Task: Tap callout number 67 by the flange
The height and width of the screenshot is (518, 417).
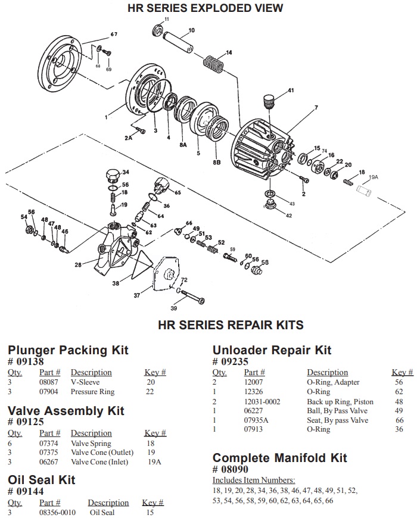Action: coord(113,34)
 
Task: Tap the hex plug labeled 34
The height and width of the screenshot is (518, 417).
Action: coord(110,177)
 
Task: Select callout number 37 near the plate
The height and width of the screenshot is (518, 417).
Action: coord(136,295)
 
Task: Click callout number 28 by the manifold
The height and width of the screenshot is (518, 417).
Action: coord(77,264)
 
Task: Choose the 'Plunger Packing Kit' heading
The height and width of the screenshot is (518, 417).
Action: coord(68,350)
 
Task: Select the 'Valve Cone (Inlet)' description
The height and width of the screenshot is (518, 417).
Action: coord(99,463)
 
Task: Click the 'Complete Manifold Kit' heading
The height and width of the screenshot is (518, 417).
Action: coord(279,458)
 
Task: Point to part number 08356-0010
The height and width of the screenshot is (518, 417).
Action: coord(58,512)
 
